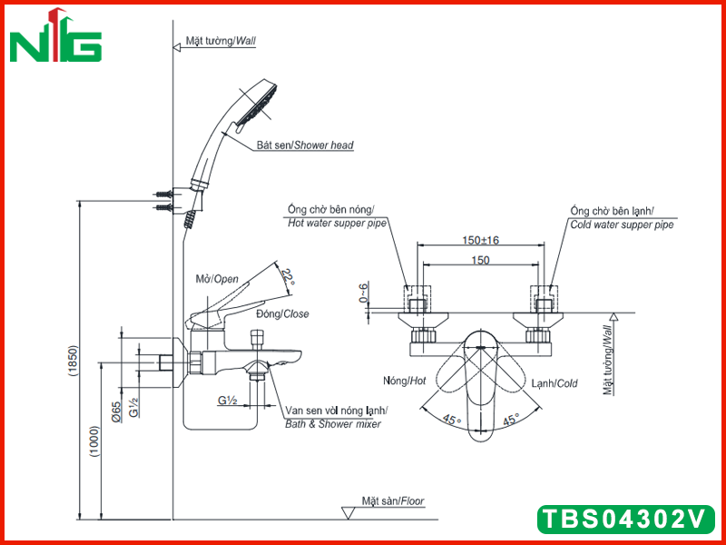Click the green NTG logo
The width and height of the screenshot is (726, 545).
(x=55, y=36)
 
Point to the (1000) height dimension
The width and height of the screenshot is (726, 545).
(x=95, y=441)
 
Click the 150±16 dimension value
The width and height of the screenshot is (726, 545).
(x=481, y=240)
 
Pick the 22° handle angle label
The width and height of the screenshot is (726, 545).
(x=288, y=277)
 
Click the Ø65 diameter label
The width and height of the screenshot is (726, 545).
(x=116, y=411)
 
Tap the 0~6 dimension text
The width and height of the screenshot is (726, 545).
(x=365, y=292)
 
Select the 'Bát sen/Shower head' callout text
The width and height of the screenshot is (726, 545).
(x=305, y=145)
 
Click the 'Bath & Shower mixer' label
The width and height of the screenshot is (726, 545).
(x=333, y=424)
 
